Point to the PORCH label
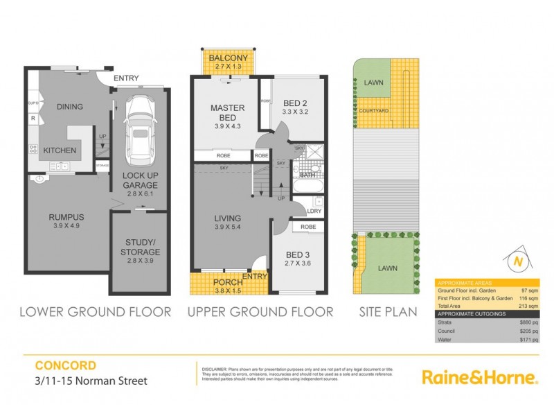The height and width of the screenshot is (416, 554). tap(226, 282)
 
